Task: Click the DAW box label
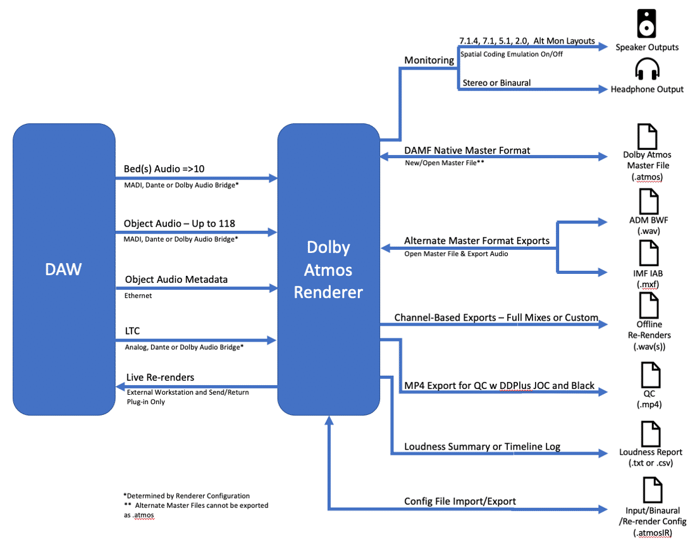tap(64, 269)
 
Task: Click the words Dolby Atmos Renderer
tap(328, 269)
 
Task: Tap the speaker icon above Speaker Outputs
tap(646, 23)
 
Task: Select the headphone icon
tap(647, 69)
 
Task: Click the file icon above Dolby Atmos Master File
tap(646, 135)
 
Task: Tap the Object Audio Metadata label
tap(176, 279)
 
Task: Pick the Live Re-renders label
tap(160, 377)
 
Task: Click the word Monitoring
tap(429, 60)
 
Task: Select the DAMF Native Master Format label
tap(467, 150)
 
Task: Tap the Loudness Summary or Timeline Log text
tap(483, 447)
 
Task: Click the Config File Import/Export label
tap(460, 501)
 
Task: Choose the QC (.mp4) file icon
tap(649, 373)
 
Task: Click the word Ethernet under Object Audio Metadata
tap(138, 295)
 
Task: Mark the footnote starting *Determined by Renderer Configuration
tap(186, 495)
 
